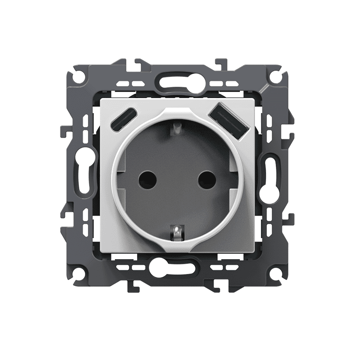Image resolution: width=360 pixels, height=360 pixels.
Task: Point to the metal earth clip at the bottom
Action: [177, 233]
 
